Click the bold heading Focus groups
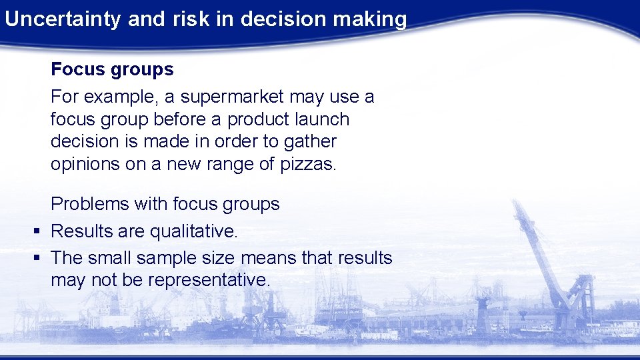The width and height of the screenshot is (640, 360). [112, 69]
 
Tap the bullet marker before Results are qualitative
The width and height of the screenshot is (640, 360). [37, 231]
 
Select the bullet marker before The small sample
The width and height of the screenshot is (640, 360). [37, 258]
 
